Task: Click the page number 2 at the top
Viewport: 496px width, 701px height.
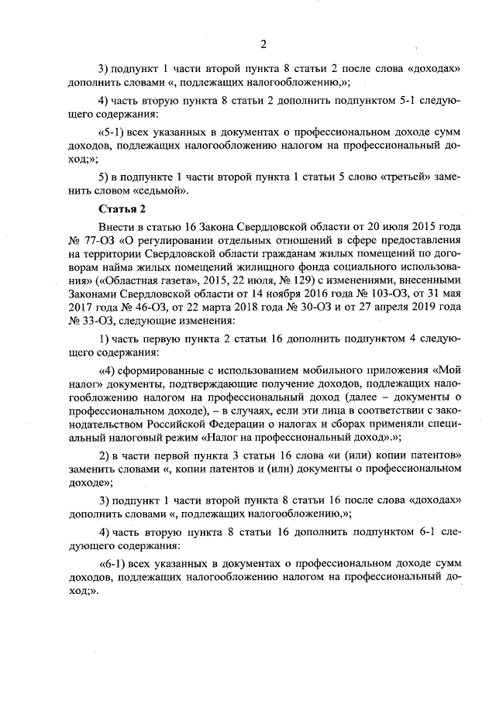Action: tap(263, 43)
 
